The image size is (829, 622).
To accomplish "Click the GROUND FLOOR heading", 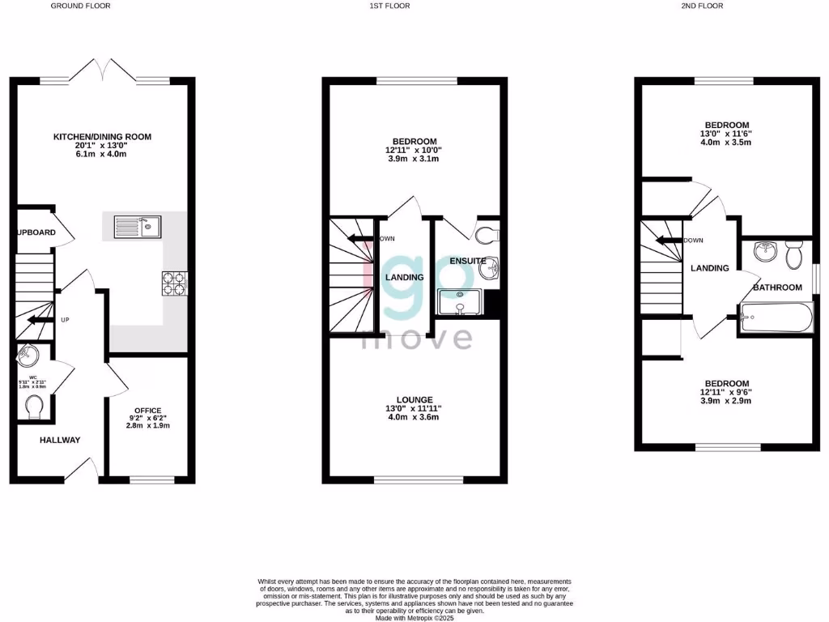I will [81, 6].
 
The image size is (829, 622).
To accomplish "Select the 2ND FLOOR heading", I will [701, 6].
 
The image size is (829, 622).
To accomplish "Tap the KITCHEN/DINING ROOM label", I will [102, 137].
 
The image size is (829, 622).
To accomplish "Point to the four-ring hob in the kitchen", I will [174, 283].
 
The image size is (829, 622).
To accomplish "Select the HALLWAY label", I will [61, 441].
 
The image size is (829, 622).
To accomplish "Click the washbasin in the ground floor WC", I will [28, 354].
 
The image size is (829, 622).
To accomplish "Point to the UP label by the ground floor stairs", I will [65, 320].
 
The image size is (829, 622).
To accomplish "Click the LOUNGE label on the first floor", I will [414, 399].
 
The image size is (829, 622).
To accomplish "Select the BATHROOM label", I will [777, 288].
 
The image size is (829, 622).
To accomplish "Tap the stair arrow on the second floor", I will [667, 240].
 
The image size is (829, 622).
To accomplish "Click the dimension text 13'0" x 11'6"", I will [725, 134].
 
